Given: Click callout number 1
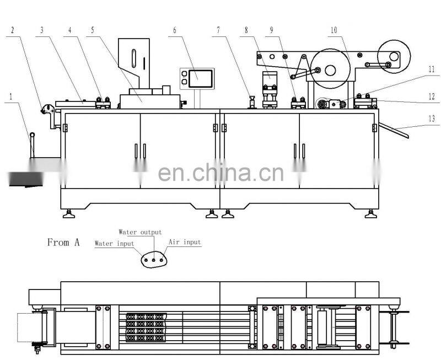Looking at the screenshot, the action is pyautogui.click(x=10, y=95).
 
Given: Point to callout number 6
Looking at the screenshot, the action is pyautogui.click(x=175, y=30).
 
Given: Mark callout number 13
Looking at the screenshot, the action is pyautogui.click(x=432, y=118).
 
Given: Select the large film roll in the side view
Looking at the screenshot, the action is pyautogui.click(x=331, y=69).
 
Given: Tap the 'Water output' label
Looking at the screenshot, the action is pyautogui.click(x=141, y=233).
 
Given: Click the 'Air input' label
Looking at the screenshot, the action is pyautogui.click(x=185, y=242).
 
